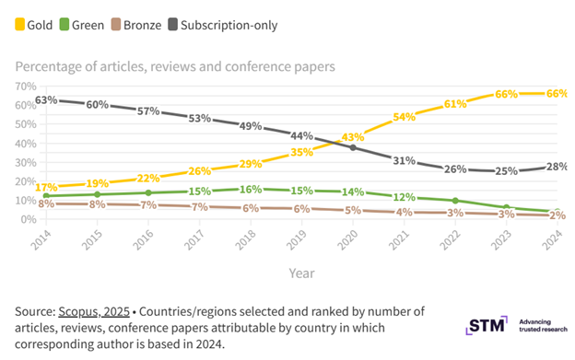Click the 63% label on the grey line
pos(46,99)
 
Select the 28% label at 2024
pos(556,166)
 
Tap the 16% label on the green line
pos(251,189)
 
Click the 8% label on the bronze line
pos(46,203)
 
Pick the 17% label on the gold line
pos(46,187)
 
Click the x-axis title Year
pos(300,273)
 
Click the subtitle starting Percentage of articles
pos(176,65)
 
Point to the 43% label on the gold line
pos(353,137)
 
